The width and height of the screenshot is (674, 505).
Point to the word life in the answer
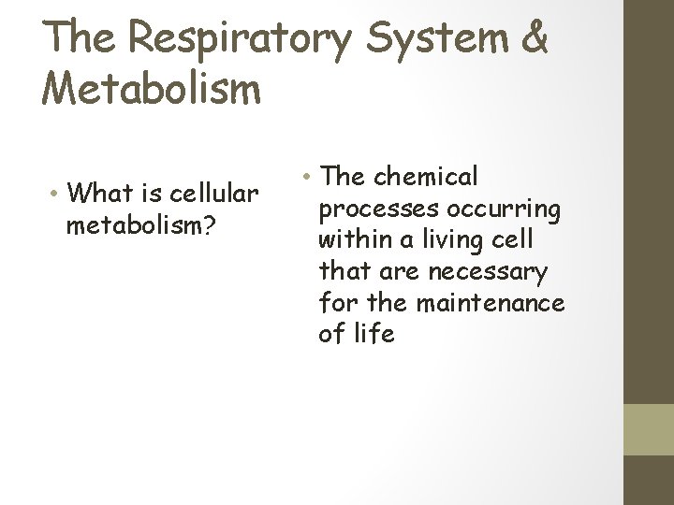tap(376, 334)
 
